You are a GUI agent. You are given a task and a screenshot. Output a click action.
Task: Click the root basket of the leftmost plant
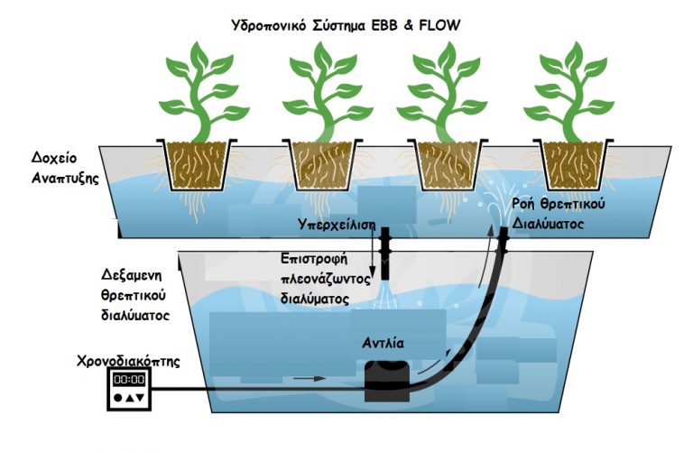[196, 164]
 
